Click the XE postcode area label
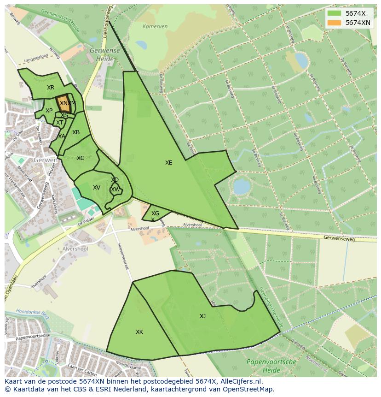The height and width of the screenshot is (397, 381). click(169, 163)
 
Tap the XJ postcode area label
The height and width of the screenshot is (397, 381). click(202, 316)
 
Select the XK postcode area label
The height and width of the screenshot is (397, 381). click(139, 332)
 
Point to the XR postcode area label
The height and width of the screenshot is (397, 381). click(51, 88)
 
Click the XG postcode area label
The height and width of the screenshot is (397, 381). click(156, 213)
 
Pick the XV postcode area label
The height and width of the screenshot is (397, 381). click(97, 188)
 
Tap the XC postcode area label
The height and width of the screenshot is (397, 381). click(81, 158)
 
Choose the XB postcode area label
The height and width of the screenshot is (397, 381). click(76, 132)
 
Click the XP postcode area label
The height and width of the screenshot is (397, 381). click(49, 111)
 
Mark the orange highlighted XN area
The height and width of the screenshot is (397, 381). click(63, 104)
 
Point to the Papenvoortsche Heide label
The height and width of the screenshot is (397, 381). click(271, 366)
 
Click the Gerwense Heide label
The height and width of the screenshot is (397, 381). click(105, 55)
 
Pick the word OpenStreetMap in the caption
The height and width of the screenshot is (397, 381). click(251, 389)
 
